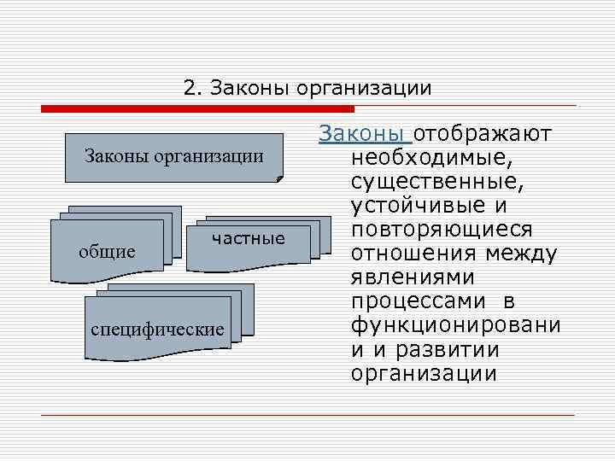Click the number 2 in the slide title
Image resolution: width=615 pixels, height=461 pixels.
tap(189, 89)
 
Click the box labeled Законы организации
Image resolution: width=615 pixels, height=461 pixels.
tap(173, 156)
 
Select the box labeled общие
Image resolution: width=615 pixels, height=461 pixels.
tap(108, 252)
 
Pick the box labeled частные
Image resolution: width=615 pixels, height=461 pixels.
tap(249, 238)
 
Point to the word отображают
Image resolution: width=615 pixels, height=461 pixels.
tap(484, 134)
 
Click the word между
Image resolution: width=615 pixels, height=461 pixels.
tap(520, 254)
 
